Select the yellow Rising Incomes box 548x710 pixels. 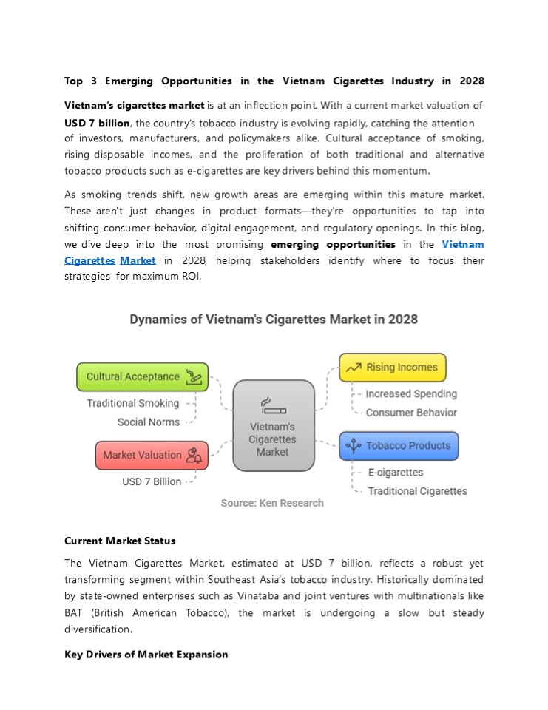point(392,368)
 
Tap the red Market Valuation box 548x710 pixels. point(152,455)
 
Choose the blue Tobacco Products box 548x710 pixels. point(399,446)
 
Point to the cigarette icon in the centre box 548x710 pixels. point(273,406)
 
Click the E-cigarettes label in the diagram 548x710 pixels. point(396,473)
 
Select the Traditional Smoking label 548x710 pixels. point(133,403)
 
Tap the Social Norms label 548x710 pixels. point(149,422)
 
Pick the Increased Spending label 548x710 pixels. point(411,394)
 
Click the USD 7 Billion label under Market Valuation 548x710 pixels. point(152,481)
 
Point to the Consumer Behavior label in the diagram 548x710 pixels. point(411,413)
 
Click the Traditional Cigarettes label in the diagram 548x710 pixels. point(418,491)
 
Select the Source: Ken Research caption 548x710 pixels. point(272,503)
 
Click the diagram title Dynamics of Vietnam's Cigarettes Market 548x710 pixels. point(274,319)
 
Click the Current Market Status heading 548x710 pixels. point(120,541)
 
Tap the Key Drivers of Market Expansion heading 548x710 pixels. point(146,655)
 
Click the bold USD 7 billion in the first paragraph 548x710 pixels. point(97,123)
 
